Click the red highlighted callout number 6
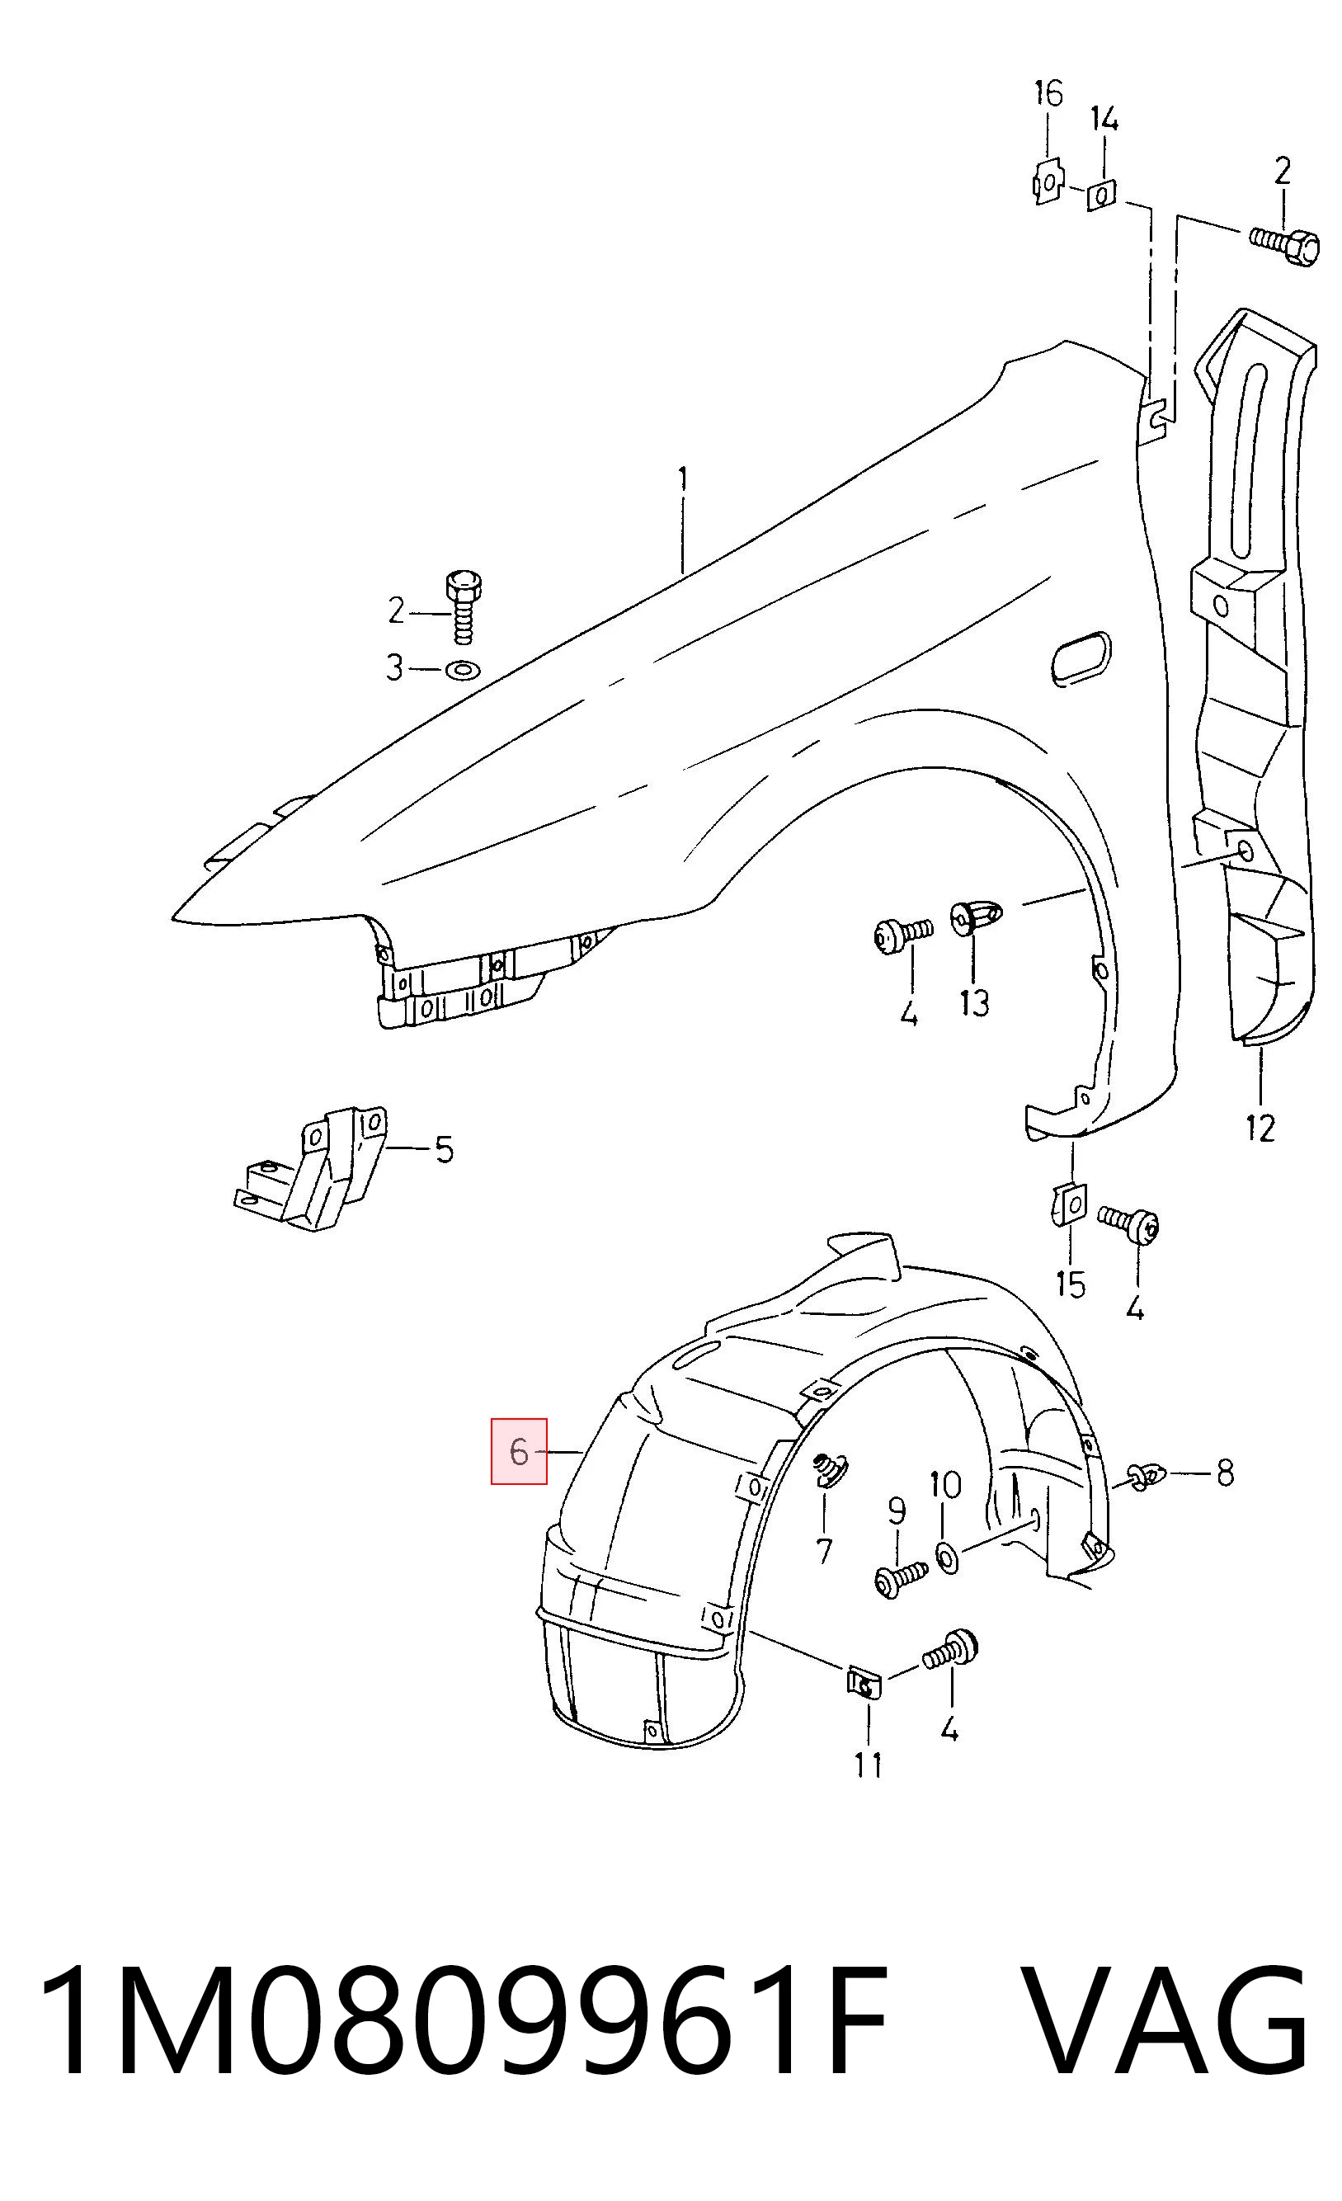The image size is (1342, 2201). pyautogui.click(x=519, y=1452)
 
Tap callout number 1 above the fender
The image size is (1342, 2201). pyautogui.click(x=683, y=481)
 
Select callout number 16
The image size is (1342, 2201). pyautogui.click(x=1049, y=93)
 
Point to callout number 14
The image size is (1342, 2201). pyautogui.click(x=1104, y=119)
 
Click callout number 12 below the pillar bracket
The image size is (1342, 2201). pyautogui.click(x=1260, y=1129)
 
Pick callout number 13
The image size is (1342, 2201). pyautogui.click(x=974, y=1003)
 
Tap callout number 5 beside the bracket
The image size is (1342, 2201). pyautogui.click(x=444, y=1150)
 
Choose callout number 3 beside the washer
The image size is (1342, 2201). pyautogui.click(x=393, y=667)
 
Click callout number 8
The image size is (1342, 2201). pyautogui.click(x=1225, y=1473)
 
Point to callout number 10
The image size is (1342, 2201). pyautogui.click(x=945, y=1486)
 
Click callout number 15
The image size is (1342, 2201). pyautogui.click(x=1070, y=1284)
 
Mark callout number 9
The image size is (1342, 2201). pyautogui.click(x=897, y=1511)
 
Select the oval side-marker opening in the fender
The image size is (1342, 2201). pyautogui.click(x=1081, y=658)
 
